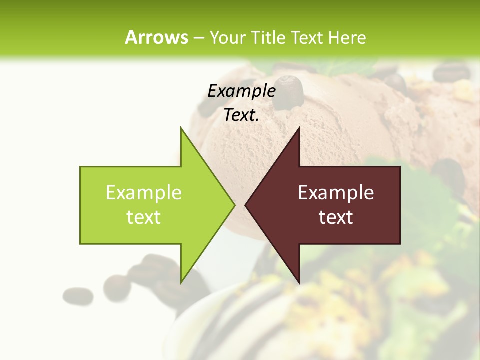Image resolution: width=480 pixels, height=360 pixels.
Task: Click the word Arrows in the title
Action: pos(156,38)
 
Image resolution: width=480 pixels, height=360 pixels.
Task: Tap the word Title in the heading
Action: pos(268,38)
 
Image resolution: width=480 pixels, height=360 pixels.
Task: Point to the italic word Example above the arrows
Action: pos(241,91)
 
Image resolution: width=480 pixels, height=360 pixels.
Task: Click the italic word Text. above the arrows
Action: pos(241,115)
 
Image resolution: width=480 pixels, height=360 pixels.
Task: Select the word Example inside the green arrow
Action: pos(144,193)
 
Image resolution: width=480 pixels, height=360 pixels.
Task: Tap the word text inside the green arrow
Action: pos(144,217)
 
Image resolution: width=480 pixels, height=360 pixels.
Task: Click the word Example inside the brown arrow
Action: pos(336,193)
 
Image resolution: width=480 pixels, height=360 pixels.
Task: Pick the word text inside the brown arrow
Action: pos(336,217)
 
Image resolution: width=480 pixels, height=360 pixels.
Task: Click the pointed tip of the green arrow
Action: pos(233,205)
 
